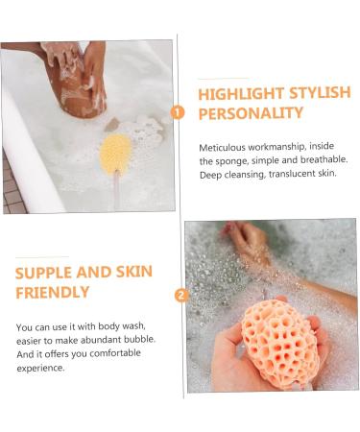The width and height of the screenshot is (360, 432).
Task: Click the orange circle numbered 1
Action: [178, 112]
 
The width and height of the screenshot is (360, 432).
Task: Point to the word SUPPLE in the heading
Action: [44, 273]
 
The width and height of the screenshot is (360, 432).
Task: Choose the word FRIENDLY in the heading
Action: [51, 292]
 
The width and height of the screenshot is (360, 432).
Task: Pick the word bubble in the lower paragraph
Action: [141, 339]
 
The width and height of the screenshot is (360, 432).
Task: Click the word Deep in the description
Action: [210, 174]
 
